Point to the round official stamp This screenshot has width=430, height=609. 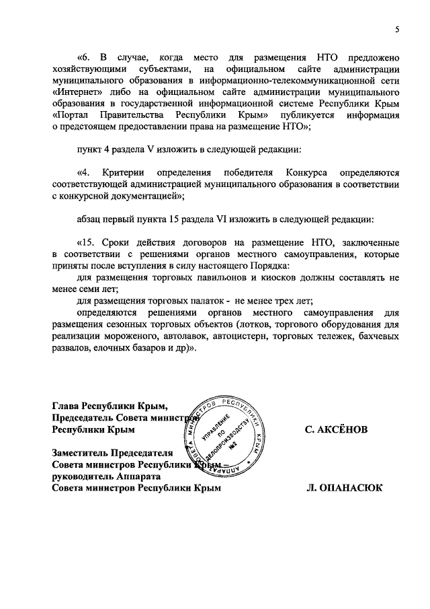(225, 441)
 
